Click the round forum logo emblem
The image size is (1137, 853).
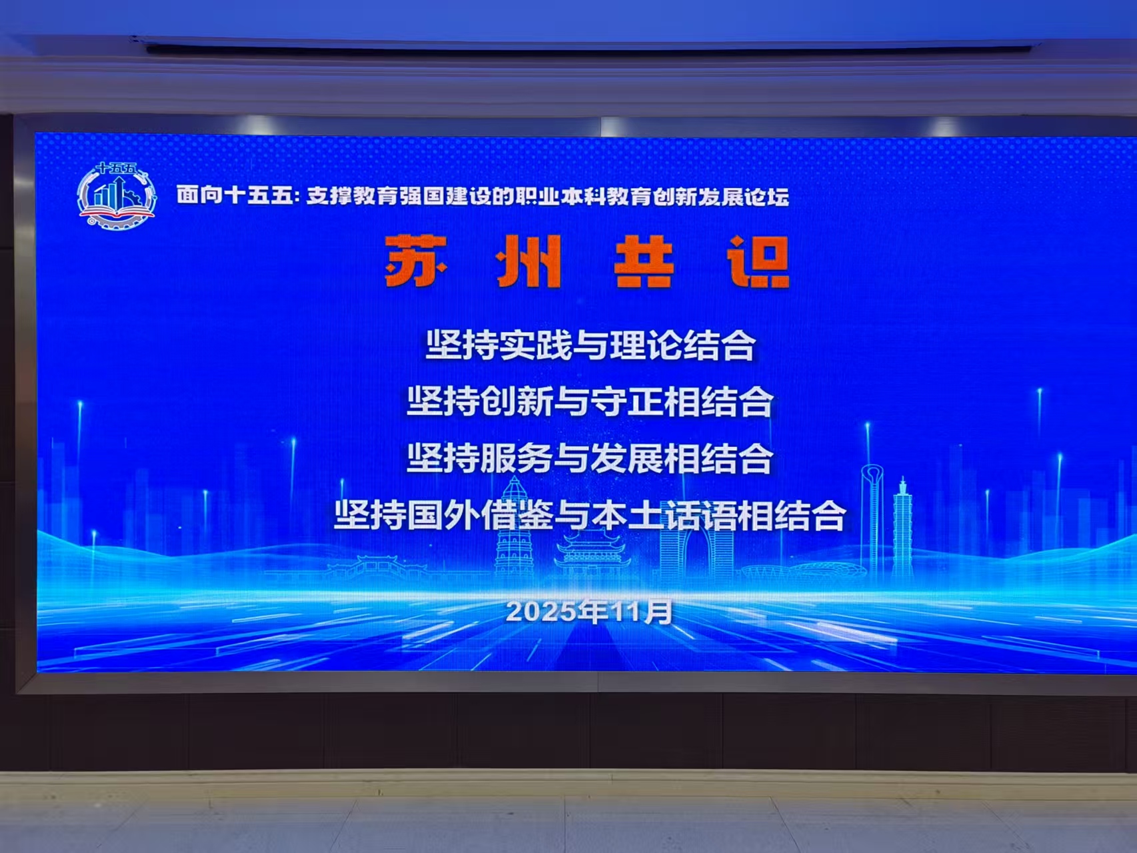click(x=117, y=196)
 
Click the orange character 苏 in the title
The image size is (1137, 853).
click(x=416, y=261)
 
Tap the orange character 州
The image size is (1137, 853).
click(x=529, y=261)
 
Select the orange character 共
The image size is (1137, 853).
click(x=644, y=261)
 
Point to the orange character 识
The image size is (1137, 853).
click(x=759, y=261)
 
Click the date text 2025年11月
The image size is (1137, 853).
click(x=589, y=611)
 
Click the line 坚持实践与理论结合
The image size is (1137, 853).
click(x=590, y=345)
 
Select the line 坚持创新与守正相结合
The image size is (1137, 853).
click(x=590, y=401)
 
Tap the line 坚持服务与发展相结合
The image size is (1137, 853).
click(x=590, y=458)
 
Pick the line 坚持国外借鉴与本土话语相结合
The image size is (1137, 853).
click(x=590, y=515)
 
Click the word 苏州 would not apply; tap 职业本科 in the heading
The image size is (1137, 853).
click(x=549, y=197)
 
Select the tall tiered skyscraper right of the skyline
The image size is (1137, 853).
click(x=902, y=527)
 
